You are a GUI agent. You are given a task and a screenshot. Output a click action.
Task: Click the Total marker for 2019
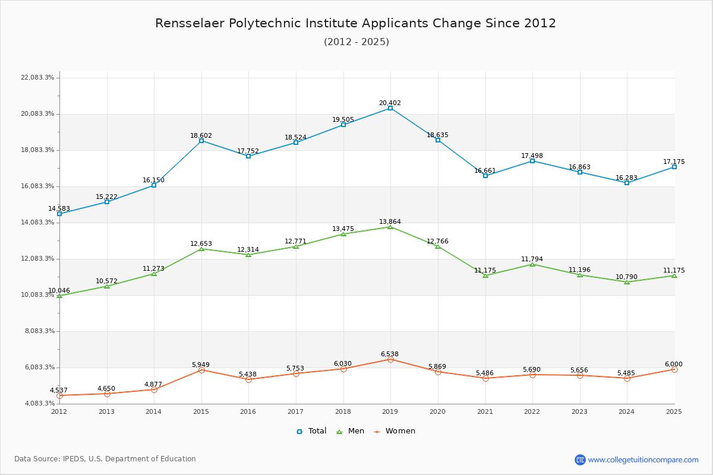point(390,108)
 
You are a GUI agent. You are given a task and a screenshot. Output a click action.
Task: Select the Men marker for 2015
point(201,249)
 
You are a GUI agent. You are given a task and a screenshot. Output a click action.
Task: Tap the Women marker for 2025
point(674,369)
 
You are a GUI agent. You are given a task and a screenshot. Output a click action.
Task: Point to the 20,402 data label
point(390,103)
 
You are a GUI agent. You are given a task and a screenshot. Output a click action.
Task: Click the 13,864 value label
point(390,221)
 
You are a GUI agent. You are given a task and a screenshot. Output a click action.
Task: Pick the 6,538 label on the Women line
point(390,354)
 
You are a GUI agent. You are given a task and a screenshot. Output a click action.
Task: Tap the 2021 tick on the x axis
point(485,411)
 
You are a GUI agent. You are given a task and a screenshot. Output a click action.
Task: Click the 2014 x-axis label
point(153,411)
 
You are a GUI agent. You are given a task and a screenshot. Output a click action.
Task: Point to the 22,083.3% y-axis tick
point(37,77)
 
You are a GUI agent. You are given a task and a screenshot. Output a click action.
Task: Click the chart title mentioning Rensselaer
point(355,23)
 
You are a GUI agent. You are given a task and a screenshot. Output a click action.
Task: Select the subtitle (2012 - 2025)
point(356,42)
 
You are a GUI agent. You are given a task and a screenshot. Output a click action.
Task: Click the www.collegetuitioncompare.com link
point(643,460)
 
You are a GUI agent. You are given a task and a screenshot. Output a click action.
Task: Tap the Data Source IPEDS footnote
point(105,459)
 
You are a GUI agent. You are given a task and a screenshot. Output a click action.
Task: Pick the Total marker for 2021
point(485,176)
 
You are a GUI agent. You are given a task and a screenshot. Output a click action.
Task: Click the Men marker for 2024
point(627,282)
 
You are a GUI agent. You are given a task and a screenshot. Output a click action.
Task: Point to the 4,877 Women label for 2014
point(153,384)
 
